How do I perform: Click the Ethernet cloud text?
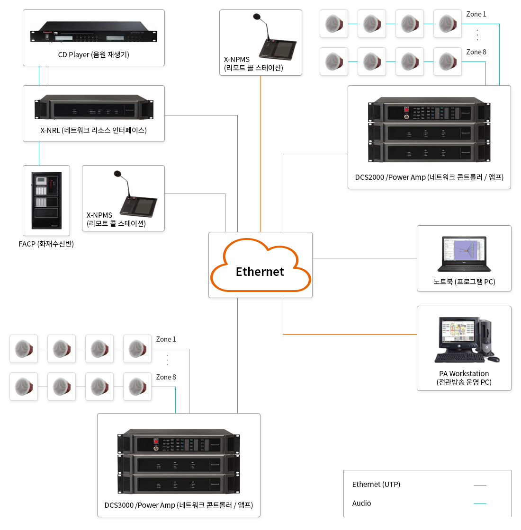click(x=260, y=272)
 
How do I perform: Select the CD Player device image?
click(x=94, y=33)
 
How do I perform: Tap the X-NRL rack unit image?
click(x=94, y=107)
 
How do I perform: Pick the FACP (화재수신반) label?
click(x=46, y=244)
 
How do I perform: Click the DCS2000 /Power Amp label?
click(x=429, y=177)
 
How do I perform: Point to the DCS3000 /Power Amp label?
click(x=179, y=505)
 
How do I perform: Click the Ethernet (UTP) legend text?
click(x=376, y=485)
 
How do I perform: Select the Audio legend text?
click(x=361, y=503)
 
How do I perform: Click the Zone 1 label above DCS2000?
click(x=476, y=14)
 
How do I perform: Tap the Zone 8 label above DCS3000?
click(x=166, y=377)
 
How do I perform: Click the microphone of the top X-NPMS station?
click(x=257, y=17)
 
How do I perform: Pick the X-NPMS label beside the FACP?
click(x=116, y=220)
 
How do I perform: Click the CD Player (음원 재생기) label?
click(x=94, y=55)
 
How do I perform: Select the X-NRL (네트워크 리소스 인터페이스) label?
click(x=94, y=131)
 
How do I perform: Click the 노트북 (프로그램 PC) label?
click(x=464, y=282)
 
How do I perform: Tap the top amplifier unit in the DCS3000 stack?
click(x=179, y=443)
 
